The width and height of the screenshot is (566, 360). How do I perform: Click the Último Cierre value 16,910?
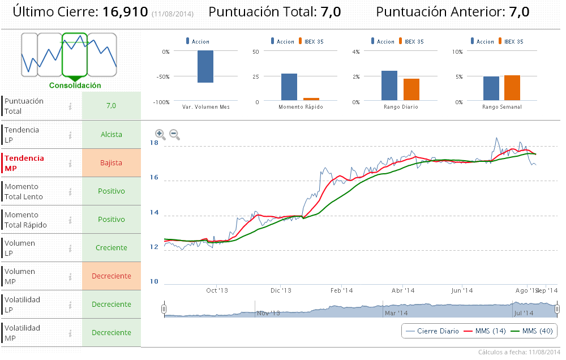pos(125,11)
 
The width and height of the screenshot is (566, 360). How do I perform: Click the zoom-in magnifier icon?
pos(160,134)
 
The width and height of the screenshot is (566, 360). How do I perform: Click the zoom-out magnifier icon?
pos(174,134)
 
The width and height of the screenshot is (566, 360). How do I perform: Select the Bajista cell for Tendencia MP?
pos(111,163)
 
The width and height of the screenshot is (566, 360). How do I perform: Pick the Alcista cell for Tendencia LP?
pos(111,135)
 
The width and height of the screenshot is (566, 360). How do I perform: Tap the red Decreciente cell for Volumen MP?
pos(111,276)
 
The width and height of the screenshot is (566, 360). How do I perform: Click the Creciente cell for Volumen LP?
pos(111,248)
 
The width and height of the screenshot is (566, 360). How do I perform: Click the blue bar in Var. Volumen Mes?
pos(205,67)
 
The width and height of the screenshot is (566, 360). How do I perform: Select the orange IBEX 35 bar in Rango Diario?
pos(411,89)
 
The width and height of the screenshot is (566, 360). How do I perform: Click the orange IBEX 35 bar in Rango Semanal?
pos(512,88)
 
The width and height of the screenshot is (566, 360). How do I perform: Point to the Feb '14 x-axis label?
pos(341,290)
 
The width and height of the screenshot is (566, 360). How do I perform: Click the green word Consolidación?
pos(75,85)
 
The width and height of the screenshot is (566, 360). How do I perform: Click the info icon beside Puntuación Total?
pos(70,106)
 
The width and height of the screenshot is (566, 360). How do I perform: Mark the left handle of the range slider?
pos(164,309)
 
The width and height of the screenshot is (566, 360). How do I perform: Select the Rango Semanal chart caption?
pos(502,107)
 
